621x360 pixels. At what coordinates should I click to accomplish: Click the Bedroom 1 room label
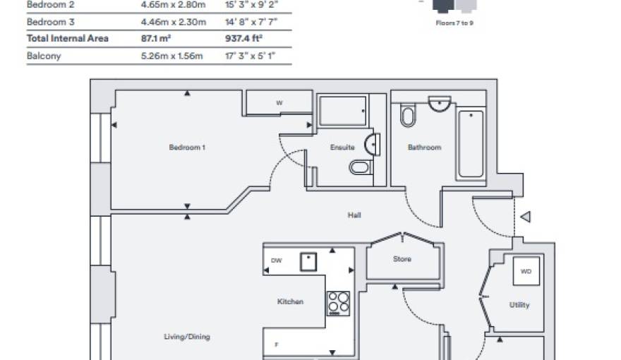[x=187, y=148]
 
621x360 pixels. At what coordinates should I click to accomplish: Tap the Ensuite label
[x=342, y=148]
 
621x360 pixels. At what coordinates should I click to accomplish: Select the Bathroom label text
[x=424, y=148]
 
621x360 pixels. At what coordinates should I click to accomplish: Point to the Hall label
[x=354, y=215]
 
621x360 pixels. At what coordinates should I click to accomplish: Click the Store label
[x=402, y=259]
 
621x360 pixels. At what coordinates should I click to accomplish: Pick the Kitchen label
[x=290, y=301]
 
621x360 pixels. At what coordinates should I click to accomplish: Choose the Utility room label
[x=519, y=305]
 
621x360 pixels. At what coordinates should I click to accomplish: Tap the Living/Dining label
[x=187, y=337]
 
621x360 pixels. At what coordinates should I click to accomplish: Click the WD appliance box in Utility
[x=526, y=271]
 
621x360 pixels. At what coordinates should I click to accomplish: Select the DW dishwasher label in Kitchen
[x=276, y=260]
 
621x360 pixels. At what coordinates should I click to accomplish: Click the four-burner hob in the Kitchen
[x=338, y=302]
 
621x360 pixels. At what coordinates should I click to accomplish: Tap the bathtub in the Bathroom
[x=471, y=144]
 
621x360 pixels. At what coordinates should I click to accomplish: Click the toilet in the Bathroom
[x=408, y=116]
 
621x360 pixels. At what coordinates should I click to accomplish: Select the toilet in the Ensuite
[x=359, y=167]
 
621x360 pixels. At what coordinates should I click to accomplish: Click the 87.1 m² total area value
[x=156, y=38]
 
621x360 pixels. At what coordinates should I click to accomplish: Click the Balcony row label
[x=44, y=56]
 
